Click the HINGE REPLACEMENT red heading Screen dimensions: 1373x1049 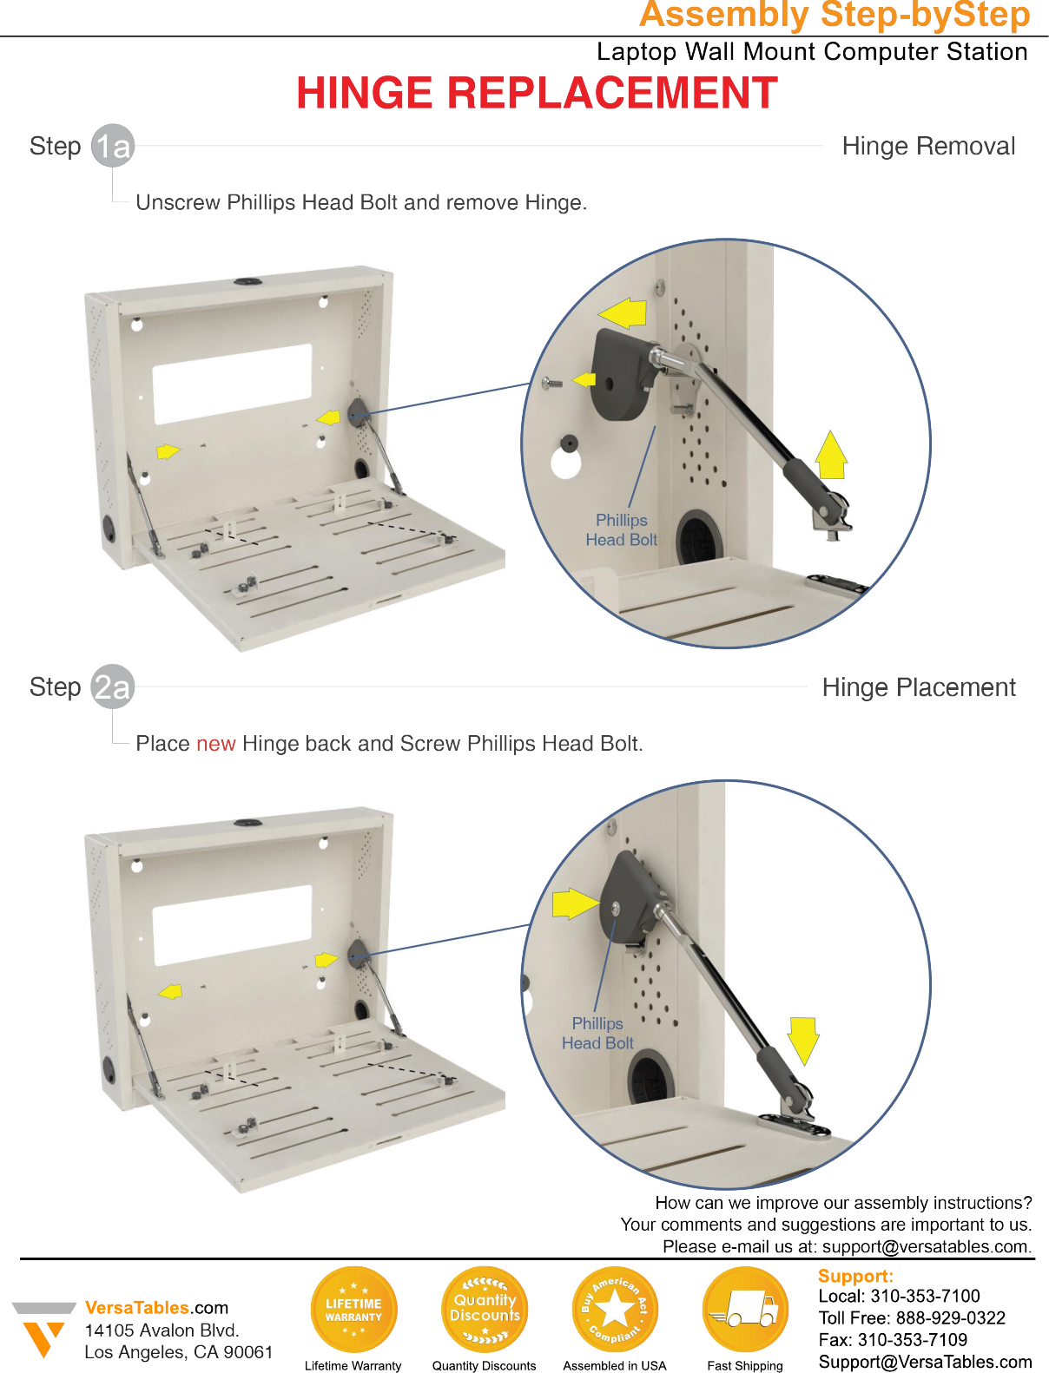pyautogui.click(x=537, y=93)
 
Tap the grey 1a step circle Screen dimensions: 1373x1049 pyautogui.click(x=113, y=146)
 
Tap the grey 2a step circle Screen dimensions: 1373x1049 pyautogui.click(x=113, y=686)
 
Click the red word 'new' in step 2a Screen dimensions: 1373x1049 pyautogui.click(x=215, y=744)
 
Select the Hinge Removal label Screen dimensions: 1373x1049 pyautogui.click(x=928, y=146)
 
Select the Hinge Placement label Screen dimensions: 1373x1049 pyautogui.click(x=918, y=687)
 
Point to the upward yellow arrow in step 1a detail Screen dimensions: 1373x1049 pyautogui.click(x=831, y=455)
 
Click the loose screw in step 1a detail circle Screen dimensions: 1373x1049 pyautogui.click(x=551, y=382)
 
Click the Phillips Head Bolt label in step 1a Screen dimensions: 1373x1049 pyautogui.click(x=621, y=529)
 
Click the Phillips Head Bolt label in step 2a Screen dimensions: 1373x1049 pyautogui.click(x=597, y=1033)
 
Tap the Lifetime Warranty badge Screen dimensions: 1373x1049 pyautogui.click(x=353, y=1310)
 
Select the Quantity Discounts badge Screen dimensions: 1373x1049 pyautogui.click(x=485, y=1310)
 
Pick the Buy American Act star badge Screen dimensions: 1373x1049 pyautogui.click(x=615, y=1310)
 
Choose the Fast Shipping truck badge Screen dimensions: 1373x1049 pyautogui.click(x=745, y=1310)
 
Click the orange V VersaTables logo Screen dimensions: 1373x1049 pyautogui.click(x=43, y=1332)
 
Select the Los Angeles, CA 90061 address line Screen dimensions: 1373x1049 pyautogui.click(x=178, y=1352)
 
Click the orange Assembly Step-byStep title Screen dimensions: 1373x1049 pyautogui.click(x=834, y=15)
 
